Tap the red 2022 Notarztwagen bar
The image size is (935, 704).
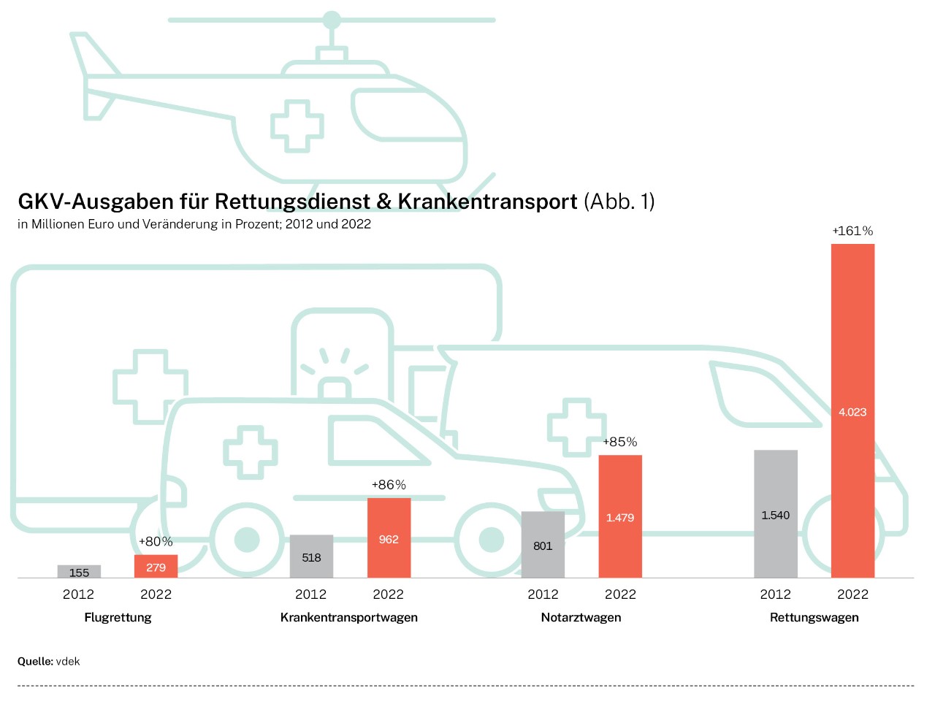point(620,516)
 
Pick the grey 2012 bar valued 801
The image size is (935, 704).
point(543,545)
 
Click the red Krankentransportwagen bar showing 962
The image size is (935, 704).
point(389,538)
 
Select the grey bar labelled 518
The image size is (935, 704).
point(311,556)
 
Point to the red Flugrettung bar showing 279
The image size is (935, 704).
point(156,567)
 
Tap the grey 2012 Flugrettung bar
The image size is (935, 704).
point(79,572)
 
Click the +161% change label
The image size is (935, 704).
point(852,231)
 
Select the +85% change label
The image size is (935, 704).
point(619,442)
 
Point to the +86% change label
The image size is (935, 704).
point(389,485)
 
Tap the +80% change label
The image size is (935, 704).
point(156,541)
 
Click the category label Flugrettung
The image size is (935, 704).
point(118,617)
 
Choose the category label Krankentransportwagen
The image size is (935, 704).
point(349,617)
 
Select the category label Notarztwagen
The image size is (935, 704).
point(581,617)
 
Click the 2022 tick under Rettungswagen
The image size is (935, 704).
point(852,594)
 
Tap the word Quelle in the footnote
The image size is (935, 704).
point(34,661)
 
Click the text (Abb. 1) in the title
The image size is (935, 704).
point(619,202)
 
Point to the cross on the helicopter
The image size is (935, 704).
point(297,126)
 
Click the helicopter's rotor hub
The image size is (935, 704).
point(332,20)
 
